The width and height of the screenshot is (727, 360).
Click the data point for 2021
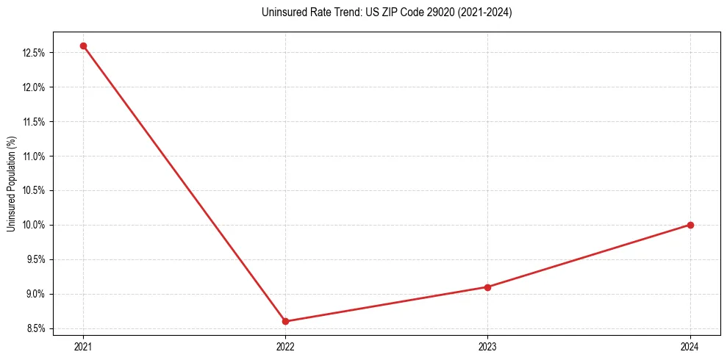[83, 46]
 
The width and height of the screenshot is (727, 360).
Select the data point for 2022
[285, 321]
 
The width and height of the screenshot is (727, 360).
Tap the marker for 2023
[487, 287]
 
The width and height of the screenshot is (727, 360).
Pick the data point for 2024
[690, 225]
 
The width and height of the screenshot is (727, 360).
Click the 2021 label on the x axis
[83, 346]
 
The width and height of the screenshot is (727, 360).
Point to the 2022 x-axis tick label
[285, 346]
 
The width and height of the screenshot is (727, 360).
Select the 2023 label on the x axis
[487, 346]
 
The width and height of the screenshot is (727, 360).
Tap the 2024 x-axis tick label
[690, 346]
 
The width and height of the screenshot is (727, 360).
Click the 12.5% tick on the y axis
[35, 53]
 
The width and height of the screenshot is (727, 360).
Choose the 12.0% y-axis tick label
[35, 87]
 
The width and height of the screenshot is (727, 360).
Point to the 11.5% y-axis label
[35, 122]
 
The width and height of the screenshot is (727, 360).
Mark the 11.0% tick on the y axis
[35, 156]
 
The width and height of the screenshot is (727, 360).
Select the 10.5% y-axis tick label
[35, 191]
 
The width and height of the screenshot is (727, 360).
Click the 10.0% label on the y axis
[35, 225]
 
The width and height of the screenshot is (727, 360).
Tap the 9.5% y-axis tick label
[37, 259]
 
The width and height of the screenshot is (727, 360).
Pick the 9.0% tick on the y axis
[37, 294]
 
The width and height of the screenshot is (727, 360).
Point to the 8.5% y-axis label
[37, 328]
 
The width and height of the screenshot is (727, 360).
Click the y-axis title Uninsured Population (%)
[12, 183]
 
